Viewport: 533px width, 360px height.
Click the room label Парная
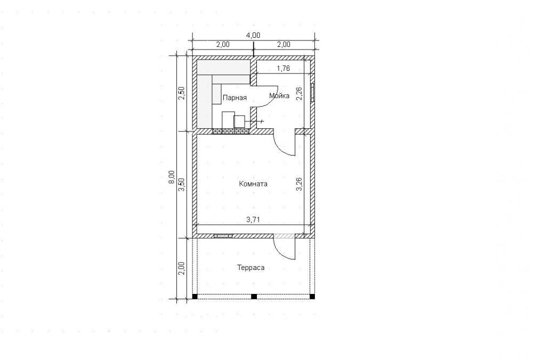click(235, 98)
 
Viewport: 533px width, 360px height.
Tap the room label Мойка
click(279, 96)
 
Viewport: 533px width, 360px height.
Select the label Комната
click(253, 184)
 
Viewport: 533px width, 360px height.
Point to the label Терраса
click(251, 268)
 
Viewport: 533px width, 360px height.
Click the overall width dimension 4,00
click(253, 35)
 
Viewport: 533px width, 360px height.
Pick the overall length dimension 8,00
click(172, 177)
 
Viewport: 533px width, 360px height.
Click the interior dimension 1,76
click(283, 68)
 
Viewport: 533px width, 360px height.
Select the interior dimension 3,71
click(253, 220)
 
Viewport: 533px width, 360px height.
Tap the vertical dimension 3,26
click(300, 184)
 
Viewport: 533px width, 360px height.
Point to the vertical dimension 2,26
click(300, 93)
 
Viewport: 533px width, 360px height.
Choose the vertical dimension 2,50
click(182, 93)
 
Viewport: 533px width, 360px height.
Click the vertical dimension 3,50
click(182, 184)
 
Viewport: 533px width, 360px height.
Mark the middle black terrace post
click(254, 297)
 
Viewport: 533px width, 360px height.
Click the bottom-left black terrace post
click(195, 297)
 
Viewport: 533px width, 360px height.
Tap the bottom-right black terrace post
click(312, 297)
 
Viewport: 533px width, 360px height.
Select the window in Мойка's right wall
click(312, 92)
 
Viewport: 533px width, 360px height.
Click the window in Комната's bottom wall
click(223, 235)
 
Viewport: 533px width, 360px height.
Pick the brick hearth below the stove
click(231, 131)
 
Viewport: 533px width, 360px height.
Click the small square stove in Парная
click(239, 121)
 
